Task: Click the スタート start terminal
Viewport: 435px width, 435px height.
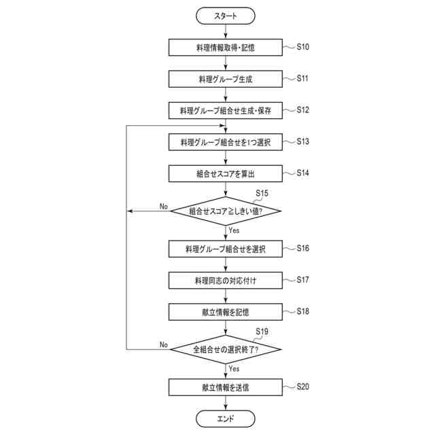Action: pyautogui.click(x=225, y=15)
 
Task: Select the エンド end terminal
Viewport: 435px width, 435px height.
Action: pyautogui.click(x=225, y=418)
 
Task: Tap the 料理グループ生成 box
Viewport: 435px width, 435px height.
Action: pyautogui.click(x=225, y=79)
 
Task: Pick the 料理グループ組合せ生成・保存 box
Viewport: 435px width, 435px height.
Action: pyautogui.click(x=225, y=110)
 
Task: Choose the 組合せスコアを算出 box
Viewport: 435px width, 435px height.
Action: pyautogui.click(x=225, y=174)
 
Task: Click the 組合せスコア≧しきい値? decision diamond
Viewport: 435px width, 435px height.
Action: pyautogui.click(x=225, y=211)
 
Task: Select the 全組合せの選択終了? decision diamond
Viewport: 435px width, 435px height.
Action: pyautogui.click(x=225, y=349)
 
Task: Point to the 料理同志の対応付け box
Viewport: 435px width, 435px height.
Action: pyautogui.click(x=225, y=280)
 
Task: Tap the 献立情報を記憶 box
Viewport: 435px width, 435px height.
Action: pyautogui.click(x=225, y=312)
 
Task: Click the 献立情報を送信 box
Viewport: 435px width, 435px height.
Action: pyautogui.click(x=225, y=387)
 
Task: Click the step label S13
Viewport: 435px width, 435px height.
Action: pyautogui.click(x=303, y=141)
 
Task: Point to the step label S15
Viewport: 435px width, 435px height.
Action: pyautogui.click(x=262, y=193)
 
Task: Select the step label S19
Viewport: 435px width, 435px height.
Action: pyautogui.click(x=262, y=331)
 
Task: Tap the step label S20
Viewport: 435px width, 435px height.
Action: pyautogui.click(x=303, y=386)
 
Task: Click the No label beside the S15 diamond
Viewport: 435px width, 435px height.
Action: pyautogui.click(x=164, y=206)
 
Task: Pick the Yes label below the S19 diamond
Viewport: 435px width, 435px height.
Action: pyautogui.click(x=234, y=368)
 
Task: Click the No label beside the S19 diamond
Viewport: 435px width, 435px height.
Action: pyautogui.click(x=164, y=345)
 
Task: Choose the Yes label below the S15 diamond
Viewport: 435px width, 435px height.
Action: pyautogui.click(x=234, y=230)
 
